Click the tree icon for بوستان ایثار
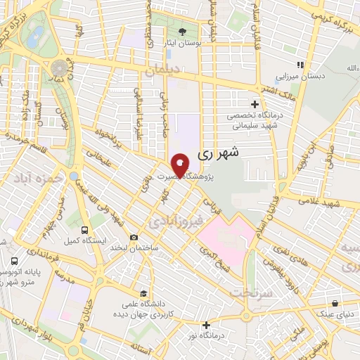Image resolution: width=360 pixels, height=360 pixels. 183,31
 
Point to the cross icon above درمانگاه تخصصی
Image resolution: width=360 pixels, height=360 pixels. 255,104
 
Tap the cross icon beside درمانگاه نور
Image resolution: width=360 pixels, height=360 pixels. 206,325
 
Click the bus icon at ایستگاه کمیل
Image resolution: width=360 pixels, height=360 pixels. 85,229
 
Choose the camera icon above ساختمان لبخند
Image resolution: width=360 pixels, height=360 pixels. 134,238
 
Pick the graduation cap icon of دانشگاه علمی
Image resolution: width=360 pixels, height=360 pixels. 144,292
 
